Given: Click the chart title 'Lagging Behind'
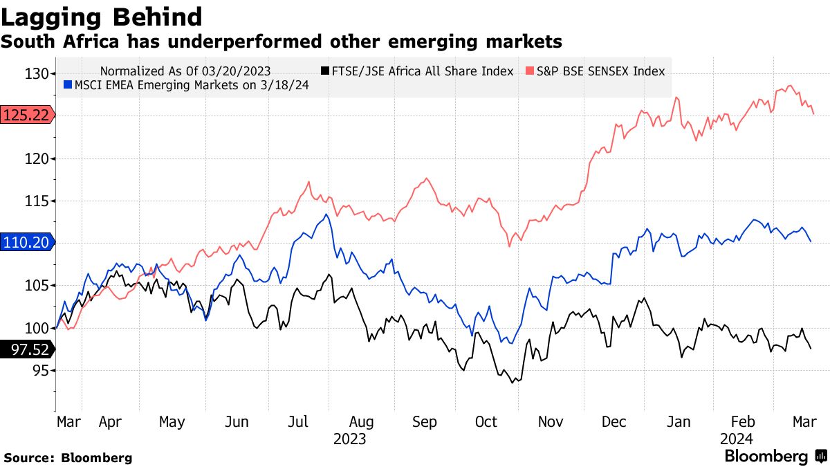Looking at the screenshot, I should [103, 17].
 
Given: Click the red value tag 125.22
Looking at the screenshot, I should [26, 115].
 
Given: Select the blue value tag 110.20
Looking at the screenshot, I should [26, 242].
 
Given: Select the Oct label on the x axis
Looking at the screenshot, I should [486, 422].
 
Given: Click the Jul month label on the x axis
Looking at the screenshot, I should [297, 422].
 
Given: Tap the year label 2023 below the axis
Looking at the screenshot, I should [350, 439].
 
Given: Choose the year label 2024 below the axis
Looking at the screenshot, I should [736, 439].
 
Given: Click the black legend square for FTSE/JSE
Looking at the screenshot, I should [324, 71].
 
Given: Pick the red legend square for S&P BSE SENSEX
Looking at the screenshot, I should [529, 71].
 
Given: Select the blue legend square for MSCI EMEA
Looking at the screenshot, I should [67, 85].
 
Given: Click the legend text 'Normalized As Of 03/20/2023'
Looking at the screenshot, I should [185, 71].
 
